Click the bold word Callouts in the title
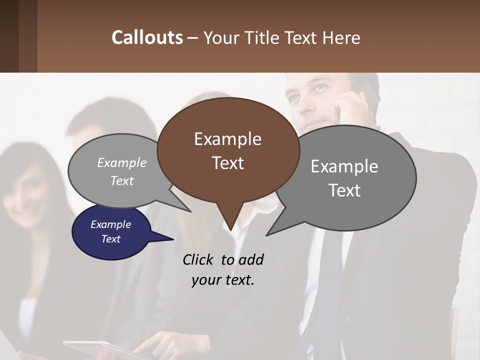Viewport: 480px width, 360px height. (x=147, y=37)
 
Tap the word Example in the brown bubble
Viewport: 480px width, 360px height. (x=227, y=139)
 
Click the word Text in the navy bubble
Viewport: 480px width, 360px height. (x=111, y=239)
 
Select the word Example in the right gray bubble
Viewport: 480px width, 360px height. (x=344, y=166)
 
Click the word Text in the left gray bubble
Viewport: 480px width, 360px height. (x=122, y=181)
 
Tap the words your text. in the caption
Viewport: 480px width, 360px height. (x=223, y=280)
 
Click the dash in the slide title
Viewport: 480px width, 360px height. (x=193, y=37)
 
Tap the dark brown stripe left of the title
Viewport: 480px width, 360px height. (x=9, y=36)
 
